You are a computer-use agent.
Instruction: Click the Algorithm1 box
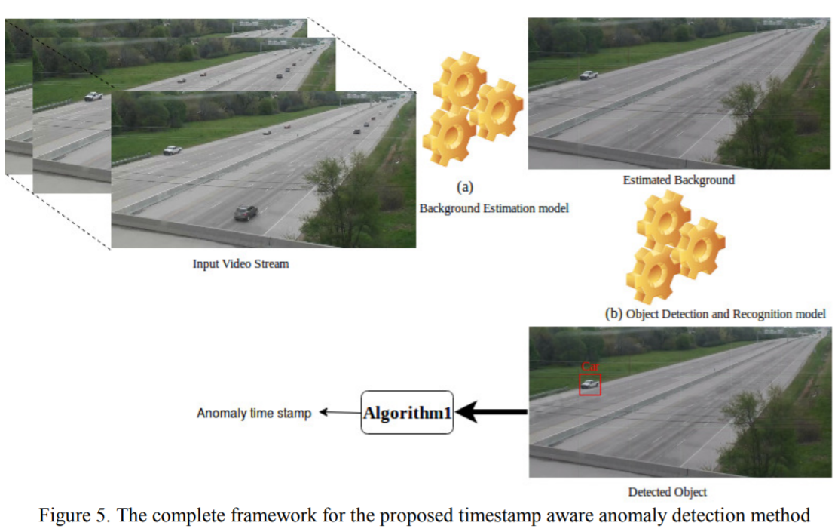(x=407, y=412)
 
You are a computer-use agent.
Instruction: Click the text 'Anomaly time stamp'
(x=254, y=414)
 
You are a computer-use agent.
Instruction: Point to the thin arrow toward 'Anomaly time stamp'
(x=339, y=413)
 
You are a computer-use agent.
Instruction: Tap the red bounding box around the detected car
(x=590, y=384)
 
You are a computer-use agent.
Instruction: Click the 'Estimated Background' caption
(x=678, y=180)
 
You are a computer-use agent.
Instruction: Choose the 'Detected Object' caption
(x=668, y=492)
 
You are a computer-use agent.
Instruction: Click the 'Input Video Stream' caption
(x=240, y=264)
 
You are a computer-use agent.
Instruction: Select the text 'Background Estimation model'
(x=494, y=208)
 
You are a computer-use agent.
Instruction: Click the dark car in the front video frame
(x=246, y=213)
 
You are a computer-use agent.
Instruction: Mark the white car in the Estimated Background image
(x=589, y=75)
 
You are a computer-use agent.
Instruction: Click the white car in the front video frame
(x=173, y=149)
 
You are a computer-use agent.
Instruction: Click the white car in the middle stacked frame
(x=93, y=96)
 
